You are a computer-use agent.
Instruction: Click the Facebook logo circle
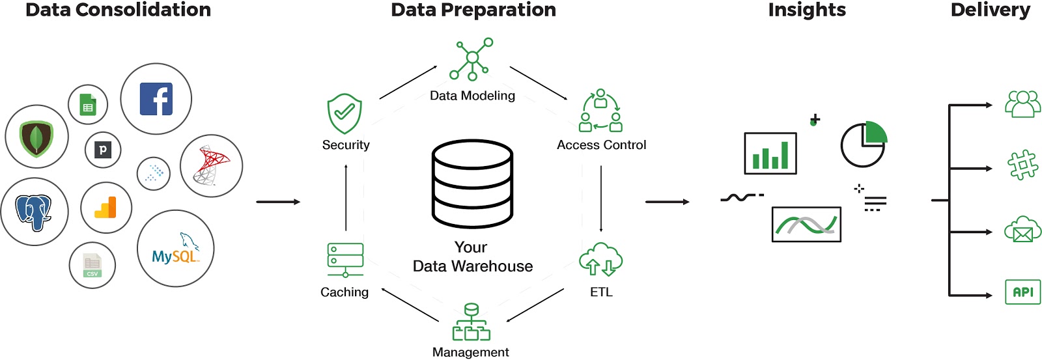pyautogui.click(x=156, y=99)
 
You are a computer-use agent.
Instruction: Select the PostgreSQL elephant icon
pyautogui.click(x=34, y=212)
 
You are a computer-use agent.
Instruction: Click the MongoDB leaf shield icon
pyautogui.click(x=36, y=137)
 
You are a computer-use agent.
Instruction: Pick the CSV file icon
pyautogui.click(x=92, y=265)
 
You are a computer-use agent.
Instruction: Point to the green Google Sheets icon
pyautogui.click(x=88, y=104)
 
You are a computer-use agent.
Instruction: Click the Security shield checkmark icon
pyautogui.click(x=345, y=114)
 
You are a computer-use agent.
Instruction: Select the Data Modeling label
pyautogui.click(x=472, y=96)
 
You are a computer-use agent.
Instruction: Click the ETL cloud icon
pyautogui.click(x=600, y=260)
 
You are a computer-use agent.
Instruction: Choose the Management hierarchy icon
pyautogui.click(x=471, y=322)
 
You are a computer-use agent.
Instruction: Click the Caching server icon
pyautogui.click(x=345, y=260)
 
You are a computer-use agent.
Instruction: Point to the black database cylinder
pyautogui.click(x=472, y=184)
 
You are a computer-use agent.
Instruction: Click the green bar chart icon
pyautogui.click(x=770, y=154)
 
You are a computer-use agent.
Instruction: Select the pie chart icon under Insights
pyautogui.click(x=864, y=144)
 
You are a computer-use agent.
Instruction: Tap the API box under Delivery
pyautogui.click(x=1022, y=292)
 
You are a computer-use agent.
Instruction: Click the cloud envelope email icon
pyautogui.click(x=1022, y=230)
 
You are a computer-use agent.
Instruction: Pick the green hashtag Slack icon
pyautogui.click(x=1022, y=165)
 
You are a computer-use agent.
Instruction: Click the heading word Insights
pyautogui.click(x=807, y=10)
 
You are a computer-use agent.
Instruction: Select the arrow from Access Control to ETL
pyautogui.click(x=600, y=199)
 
